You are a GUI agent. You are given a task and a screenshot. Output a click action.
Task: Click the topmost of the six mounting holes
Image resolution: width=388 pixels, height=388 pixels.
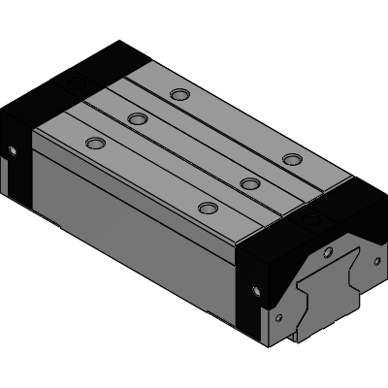coord(178,94)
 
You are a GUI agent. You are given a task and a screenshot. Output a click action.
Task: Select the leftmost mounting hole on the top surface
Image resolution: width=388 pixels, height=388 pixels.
coord(94,143)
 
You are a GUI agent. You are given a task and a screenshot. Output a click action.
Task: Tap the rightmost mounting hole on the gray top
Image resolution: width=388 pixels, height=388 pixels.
coord(291,158)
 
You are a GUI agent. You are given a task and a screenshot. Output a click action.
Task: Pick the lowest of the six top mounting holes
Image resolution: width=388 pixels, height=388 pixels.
coord(207,208)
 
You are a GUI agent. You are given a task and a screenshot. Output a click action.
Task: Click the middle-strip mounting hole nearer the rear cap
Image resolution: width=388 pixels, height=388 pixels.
coord(137,118)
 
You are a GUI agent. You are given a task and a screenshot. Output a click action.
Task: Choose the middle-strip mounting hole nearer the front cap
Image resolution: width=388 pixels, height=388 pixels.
coord(249,183)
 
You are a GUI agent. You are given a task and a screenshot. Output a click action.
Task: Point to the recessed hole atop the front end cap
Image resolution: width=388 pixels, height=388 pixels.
coord(310,223)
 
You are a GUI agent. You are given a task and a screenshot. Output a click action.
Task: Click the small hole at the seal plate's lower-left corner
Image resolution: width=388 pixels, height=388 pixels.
coord(279,317)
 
